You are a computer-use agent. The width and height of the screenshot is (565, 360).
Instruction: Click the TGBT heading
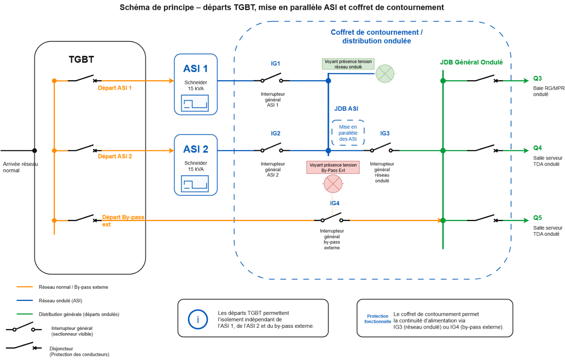click(81, 59)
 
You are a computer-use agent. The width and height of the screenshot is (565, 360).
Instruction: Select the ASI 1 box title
click(195, 68)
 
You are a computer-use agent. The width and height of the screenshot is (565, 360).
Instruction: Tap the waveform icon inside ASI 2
click(195, 183)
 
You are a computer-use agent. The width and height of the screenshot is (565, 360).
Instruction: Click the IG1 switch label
click(276, 64)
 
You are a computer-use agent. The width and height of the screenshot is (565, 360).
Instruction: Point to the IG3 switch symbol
click(381, 148)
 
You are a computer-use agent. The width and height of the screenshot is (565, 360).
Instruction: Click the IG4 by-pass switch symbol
click(332, 218)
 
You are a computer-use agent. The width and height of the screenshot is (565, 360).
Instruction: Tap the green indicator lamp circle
click(385, 74)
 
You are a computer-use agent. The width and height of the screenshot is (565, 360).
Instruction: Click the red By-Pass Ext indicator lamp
click(333, 184)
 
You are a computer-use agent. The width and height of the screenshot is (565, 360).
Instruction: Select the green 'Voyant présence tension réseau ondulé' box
click(348, 64)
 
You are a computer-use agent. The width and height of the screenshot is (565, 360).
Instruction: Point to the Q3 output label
click(537, 79)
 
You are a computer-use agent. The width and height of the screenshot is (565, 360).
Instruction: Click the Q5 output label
click(537, 218)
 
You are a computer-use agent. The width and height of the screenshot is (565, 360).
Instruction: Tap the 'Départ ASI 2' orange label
click(115, 156)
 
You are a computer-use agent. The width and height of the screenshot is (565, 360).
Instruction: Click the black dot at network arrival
click(35, 151)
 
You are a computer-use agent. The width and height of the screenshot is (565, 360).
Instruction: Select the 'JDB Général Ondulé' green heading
click(471, 62)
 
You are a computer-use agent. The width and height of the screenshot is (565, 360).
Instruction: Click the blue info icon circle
click(198, 319)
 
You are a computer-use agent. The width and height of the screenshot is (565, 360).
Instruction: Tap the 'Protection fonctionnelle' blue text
click(378, 319)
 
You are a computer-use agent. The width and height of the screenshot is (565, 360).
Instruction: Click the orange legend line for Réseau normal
click(24, 287)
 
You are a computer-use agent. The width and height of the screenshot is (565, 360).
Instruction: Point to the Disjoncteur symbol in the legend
click(24, 346)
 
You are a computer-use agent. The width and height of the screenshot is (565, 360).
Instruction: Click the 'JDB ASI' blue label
click(346, 109)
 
